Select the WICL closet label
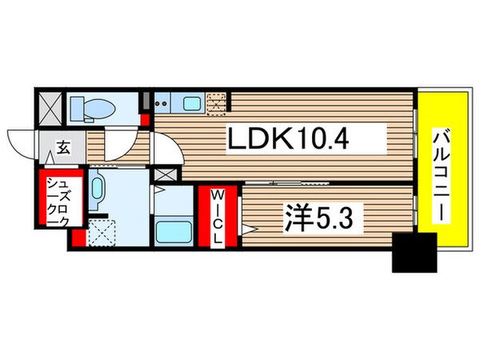pos(218,218)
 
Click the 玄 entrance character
pos(62,149)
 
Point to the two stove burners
pos(164,102)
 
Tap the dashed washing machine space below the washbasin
pos(103,233)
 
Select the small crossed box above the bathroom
pos(165,175)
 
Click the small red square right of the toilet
pos(144,119)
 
